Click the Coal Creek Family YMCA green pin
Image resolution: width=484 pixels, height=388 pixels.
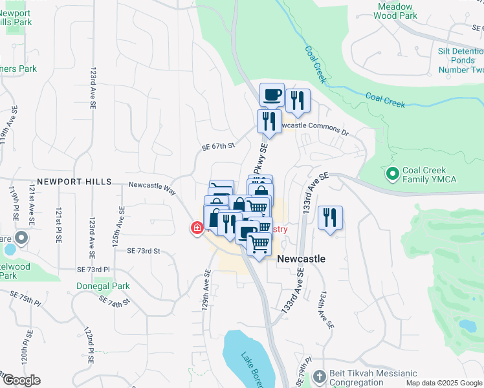391,174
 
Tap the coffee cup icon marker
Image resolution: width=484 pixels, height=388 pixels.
272,94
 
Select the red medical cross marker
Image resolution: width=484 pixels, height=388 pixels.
197,228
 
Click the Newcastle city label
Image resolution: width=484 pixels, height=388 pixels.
301,258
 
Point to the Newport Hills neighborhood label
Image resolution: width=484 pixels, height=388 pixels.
74,182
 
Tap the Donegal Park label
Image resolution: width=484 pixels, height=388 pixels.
104,286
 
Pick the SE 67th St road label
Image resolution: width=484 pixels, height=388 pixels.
217,146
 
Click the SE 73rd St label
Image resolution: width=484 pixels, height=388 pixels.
144,250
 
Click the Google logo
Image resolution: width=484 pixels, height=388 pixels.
21,380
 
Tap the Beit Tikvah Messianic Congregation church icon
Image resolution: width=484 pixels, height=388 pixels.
318,376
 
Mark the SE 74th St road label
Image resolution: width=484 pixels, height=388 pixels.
115,300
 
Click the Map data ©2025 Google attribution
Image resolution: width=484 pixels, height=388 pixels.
443,383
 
